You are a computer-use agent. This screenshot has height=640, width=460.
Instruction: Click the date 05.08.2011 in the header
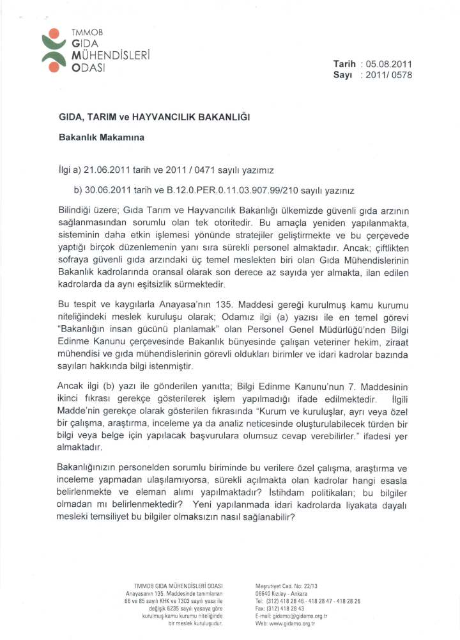tap(389, 64)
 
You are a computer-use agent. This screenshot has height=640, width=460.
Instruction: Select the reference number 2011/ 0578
tap(388, 75)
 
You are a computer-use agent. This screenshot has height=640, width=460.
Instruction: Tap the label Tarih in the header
tap(345, 64)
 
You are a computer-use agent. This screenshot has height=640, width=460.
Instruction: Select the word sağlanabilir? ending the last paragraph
tap(266, 518)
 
